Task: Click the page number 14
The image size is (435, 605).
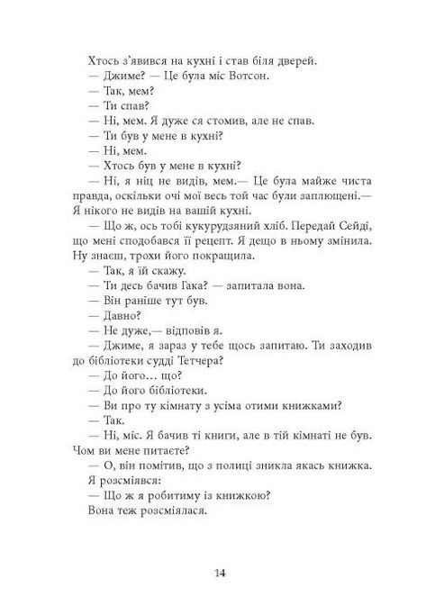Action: pyautogui.click(x=220, y=573)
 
